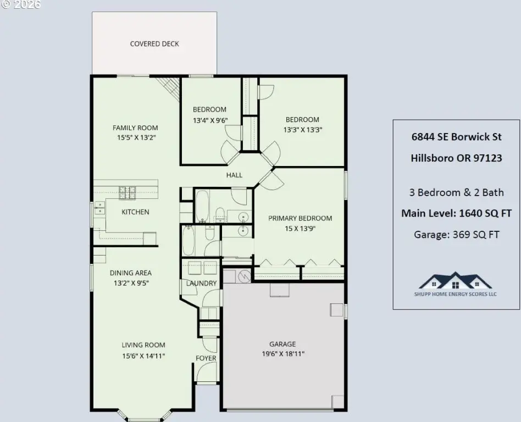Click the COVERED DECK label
coord(154,44)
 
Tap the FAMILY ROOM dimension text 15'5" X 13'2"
coord(136,137)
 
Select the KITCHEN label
coord(135,212)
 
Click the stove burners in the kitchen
coord(128,193)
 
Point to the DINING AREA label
coord(131,273)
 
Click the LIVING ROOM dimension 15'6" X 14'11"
coord(143,356)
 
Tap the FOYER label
coord(206,358)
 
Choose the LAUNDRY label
coord(201,284)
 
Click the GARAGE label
coord(282,344)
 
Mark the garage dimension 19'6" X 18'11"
coord(283,354)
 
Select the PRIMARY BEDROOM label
coord(300,218)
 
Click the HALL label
coord(234,175)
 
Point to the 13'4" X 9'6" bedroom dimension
coord(210,120)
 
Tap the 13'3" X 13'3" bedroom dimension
coord(303,130)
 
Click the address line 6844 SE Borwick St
coord(457,137)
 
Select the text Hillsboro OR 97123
coord(457,158)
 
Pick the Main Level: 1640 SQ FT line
coord(457,213)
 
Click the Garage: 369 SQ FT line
coord(457,235)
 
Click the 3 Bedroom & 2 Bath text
coord(457,192)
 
